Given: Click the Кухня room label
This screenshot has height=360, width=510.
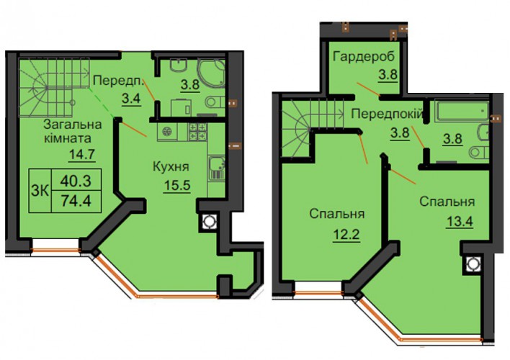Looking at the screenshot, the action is coord(171,167).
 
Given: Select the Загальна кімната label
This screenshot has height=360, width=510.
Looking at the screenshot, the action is coord(72,131).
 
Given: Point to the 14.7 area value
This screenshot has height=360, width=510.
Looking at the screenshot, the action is coord(81,154).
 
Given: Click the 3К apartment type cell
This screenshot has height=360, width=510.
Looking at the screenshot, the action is coord(40,191).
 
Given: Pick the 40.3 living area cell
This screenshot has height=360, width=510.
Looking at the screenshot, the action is coord(76,181).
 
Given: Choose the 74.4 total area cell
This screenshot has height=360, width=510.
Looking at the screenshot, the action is coord(76,202).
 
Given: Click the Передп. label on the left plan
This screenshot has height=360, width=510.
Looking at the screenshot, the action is coord(118,81).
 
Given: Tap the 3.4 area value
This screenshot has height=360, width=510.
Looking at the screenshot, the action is coord(131,98).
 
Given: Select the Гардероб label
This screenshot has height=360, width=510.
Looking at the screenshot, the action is coord(364,57).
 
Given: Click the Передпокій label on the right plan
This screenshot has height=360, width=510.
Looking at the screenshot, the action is coord(388,114).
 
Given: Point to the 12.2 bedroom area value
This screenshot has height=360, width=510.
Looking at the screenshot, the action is coord(346,234).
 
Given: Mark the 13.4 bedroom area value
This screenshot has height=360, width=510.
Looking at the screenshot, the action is coord(460,222).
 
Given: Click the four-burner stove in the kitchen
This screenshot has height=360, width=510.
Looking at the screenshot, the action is coord(198,132).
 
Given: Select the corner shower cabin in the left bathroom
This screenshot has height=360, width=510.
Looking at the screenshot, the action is coord(211,73).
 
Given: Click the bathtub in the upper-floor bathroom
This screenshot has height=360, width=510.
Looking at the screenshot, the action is coord(462,111).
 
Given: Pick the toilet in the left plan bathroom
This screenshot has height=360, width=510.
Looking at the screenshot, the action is coord(215,102).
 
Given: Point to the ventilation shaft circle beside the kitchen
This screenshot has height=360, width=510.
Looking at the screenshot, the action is coord(208,222).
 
